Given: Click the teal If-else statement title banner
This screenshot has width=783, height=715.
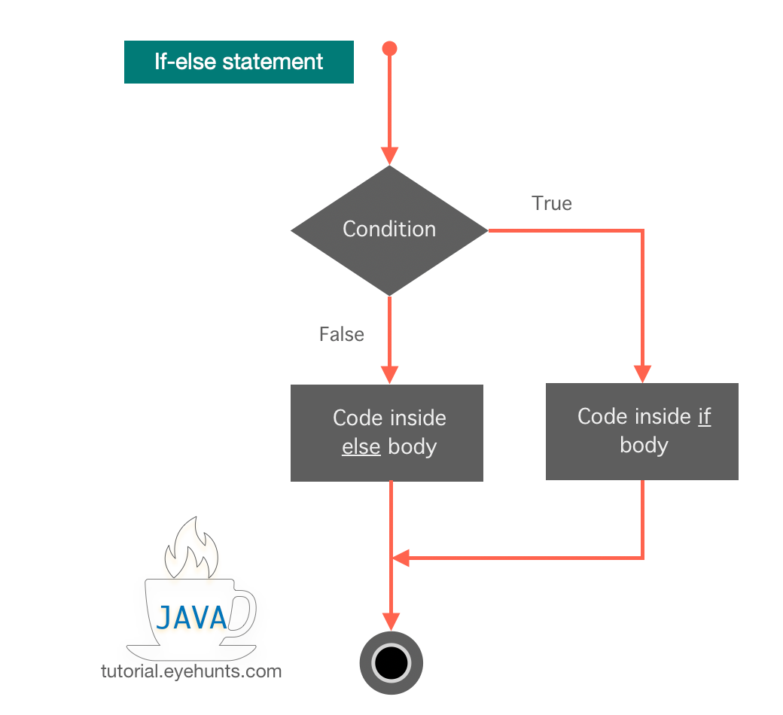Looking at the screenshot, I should pos(239,62).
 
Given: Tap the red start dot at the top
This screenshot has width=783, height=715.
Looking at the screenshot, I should pos(389,49).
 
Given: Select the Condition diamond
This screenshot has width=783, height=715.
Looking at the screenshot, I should pos(389,230).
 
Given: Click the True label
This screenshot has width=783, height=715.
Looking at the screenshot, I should pos(551,204).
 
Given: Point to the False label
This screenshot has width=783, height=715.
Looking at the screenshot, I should pos(341,334).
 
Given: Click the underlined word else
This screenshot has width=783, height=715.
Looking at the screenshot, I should pos(361,446).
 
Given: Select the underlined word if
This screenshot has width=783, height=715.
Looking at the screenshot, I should pos(704,417).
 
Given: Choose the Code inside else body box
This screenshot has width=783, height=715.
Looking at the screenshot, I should pos(386,433).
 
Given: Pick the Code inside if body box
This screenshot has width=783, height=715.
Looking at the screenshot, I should pos(641,431).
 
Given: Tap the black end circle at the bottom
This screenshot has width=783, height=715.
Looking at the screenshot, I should pos(391,663).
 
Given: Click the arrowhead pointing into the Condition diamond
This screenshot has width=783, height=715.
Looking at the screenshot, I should pos(389,156).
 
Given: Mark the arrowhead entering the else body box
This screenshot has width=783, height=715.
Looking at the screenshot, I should pos(389,374).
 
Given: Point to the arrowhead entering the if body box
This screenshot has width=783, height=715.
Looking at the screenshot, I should pos(642,373).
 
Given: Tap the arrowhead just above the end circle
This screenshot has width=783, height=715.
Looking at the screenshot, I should pos(391,621).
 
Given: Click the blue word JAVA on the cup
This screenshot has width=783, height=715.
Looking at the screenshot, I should pos(191,618).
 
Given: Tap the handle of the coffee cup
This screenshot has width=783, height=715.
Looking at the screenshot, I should pos(242,611).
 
